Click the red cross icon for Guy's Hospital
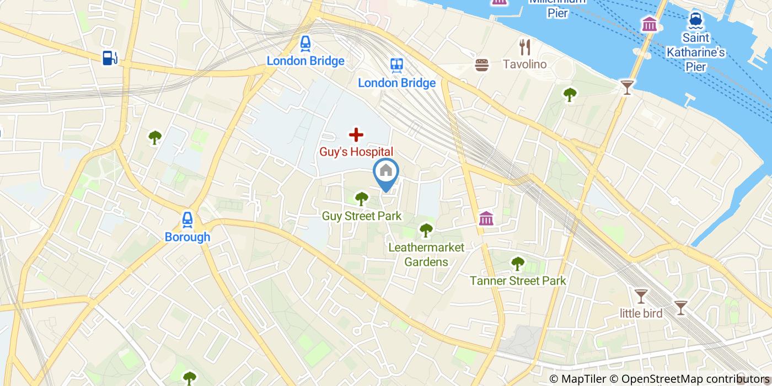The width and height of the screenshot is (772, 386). coord(356,134)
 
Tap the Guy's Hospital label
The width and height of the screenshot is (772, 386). coord(356,152)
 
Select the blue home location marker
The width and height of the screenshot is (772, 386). coord(386,172)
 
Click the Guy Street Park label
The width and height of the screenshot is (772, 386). coord(362,216)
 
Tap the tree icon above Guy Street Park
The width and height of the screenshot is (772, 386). coord(362,199)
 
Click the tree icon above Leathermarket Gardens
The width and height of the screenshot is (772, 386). coord(426,230)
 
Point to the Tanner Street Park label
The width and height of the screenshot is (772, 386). coord(518,281)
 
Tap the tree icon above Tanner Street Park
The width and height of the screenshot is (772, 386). coord(518,264)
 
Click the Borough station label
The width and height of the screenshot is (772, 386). coord(187,237)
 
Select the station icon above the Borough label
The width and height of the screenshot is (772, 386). coord(187,220)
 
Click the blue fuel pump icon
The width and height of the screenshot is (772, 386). coord(110,57)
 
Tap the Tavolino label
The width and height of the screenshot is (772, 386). coord(524,65)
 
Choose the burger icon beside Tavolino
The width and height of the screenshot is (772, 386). coord(482,65)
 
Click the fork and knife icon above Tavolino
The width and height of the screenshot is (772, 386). coord(524,47)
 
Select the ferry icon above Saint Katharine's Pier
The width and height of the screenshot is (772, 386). coord(695,20)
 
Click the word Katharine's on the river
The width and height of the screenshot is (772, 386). coord(695,53)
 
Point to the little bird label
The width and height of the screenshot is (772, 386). coord(641,313)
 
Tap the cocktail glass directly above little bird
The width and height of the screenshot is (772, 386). coord(640,297)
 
